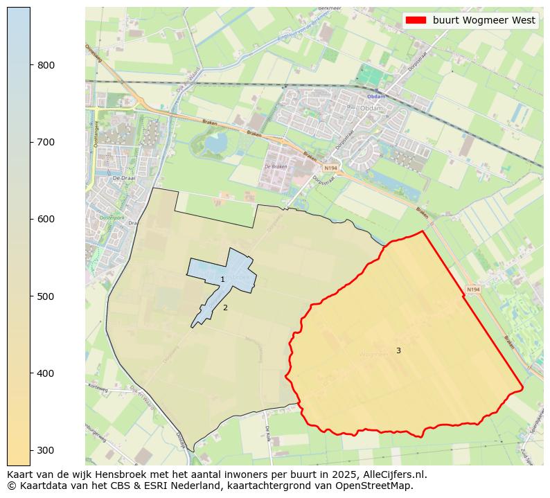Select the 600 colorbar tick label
[x=46, y=219]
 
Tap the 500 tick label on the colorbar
[x=46, y=296]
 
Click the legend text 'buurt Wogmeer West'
[x=484, y=21]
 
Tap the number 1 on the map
[x=222, y=280]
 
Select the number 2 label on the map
[x=225, y=308]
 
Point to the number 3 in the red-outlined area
[x=398, y=350]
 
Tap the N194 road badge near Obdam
[x=330, y=168]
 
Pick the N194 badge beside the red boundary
[x=473, y=290]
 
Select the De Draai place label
[x=122, y=178]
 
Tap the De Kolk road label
[x=267, y=434]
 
